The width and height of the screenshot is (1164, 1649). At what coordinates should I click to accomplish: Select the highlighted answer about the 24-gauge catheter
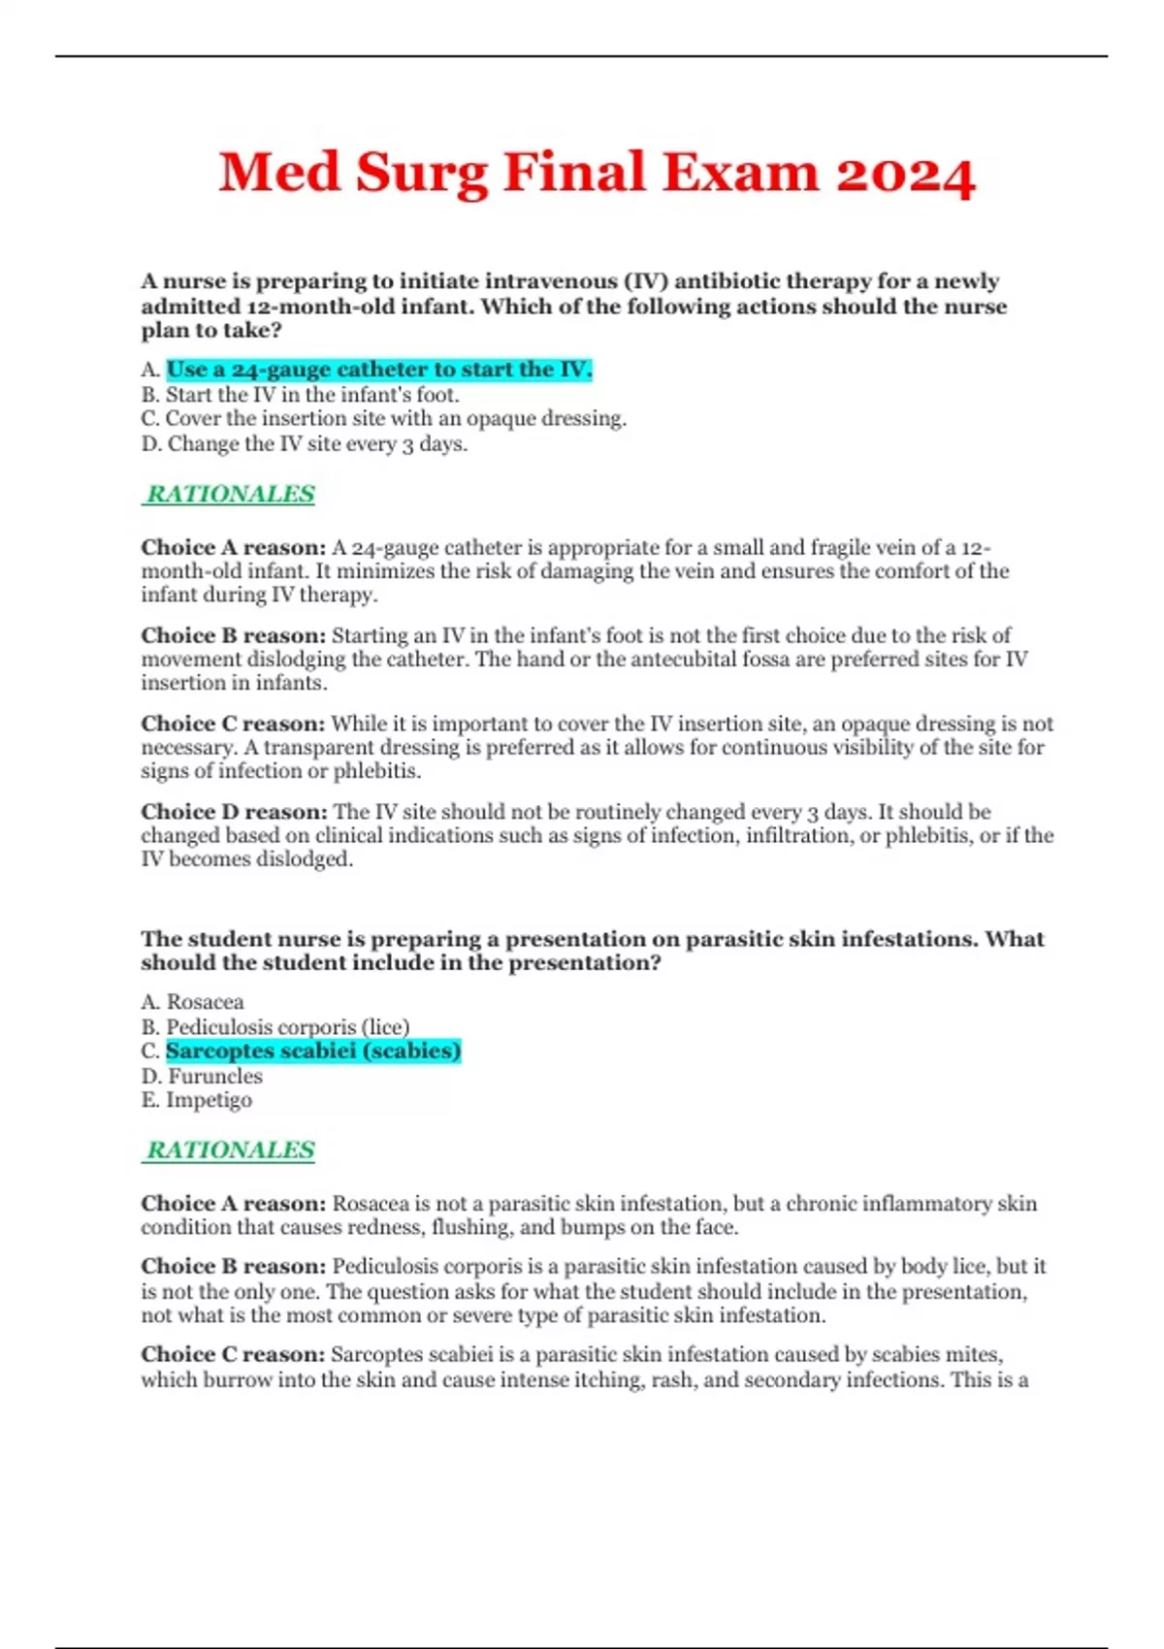(378, 370)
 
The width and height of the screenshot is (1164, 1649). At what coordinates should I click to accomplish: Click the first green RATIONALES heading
(230, 494)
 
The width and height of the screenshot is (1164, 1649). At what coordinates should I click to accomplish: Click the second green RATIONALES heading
(230, 1149)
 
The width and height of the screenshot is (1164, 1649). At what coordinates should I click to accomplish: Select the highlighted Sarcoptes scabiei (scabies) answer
(312, 1051)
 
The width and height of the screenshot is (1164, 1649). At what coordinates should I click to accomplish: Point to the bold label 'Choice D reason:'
(234, 812)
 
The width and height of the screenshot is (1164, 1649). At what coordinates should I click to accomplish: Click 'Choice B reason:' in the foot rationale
(233, 636)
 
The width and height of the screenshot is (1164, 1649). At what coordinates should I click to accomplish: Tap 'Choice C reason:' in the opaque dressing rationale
(233, 724)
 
